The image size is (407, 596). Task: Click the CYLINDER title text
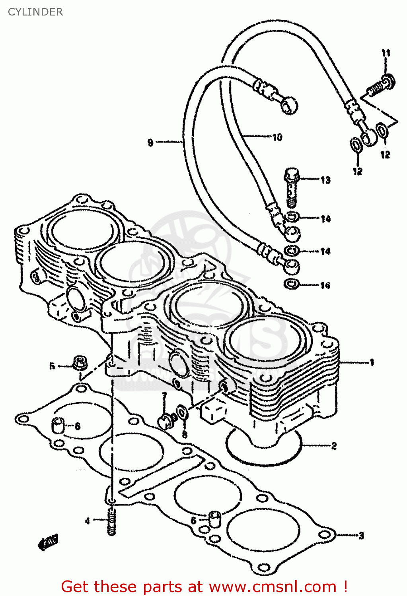[35, 12]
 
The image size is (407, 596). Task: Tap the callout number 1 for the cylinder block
[372, 362]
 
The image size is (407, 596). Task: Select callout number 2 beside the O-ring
[334, 446]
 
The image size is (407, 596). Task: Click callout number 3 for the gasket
[361, 536]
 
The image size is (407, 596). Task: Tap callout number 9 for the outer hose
[150, 142]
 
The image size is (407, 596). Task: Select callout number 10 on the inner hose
[277, 137]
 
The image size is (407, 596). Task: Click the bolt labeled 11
[380, 85]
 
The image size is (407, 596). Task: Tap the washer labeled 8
[181, 412]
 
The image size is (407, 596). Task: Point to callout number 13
[325, 180]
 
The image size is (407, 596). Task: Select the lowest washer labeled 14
[292, 284]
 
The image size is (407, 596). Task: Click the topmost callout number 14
[325, 219]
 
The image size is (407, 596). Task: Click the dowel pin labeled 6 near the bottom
[215, 519]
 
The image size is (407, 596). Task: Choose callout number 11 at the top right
[386, 53]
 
